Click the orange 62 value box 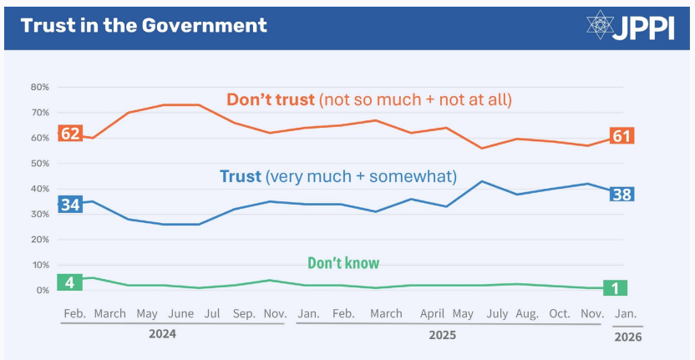point(70,134)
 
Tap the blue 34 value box point(70,205)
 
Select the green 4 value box point(70,282)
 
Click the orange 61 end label point(621,136)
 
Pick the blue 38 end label point(621,195)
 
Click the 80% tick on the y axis point(40,87)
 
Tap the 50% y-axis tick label point(40,163)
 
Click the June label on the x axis point(180,314)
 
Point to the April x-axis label point(431,314)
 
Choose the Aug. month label point(526,314)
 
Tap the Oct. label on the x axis point(559,314)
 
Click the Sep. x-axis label point(244,314)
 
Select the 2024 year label point(162,332)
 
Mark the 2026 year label point(628,337)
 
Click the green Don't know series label point(343,264)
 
